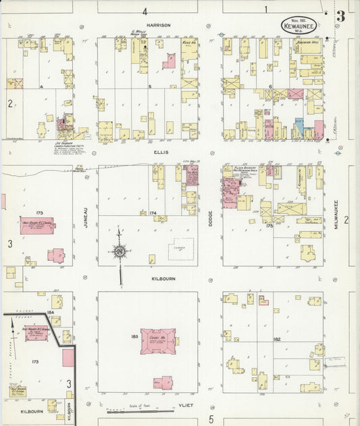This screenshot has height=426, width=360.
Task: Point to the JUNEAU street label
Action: pyautogui.click(x=87, y=216)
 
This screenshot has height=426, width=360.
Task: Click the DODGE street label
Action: pyautogui.click(x=211, y=215)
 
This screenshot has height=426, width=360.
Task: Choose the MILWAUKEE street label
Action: pyautogui.click(x=336, y=217)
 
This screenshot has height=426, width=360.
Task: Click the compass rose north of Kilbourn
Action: pyautogui.click(x=120, y=253)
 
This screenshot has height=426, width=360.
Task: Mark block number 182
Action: pyautogui.click(x=277, y=339)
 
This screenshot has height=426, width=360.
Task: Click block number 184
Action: pyautogui.click(x=50, y=312)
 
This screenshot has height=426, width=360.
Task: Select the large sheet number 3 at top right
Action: pyautogui.click(x=341, y=16)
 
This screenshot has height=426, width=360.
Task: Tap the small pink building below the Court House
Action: pyautogui.click(x=163, y=383)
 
